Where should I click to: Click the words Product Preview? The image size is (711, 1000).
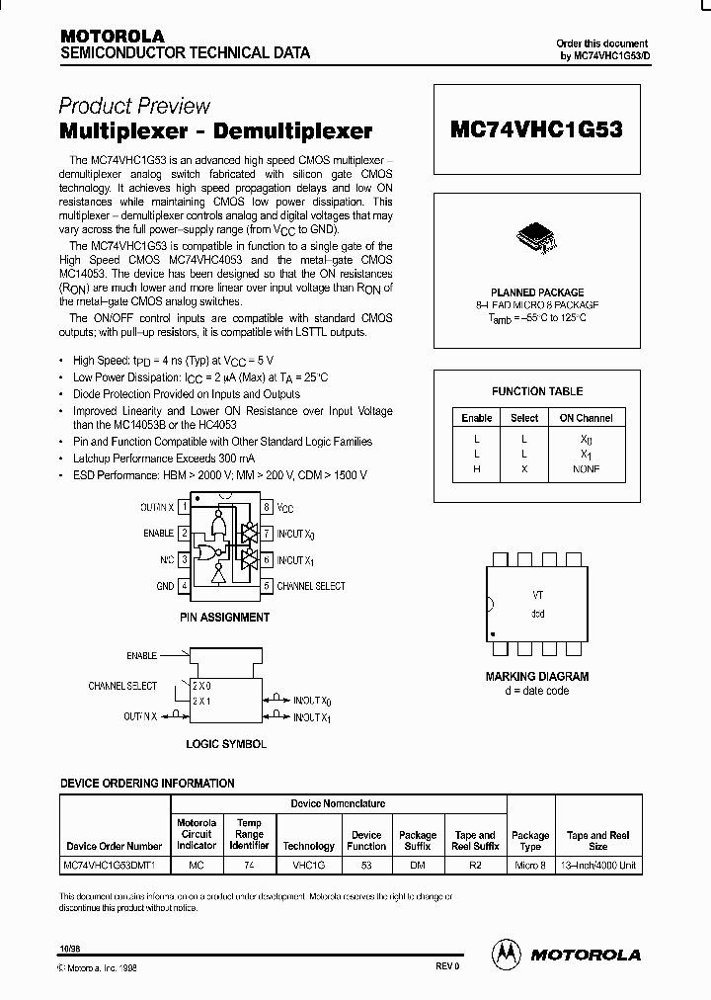pyautogui.click(x=134, y=106)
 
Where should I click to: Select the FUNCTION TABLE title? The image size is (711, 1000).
pyautogui.click(x=537, y=391)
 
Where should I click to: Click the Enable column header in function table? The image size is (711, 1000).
pyautogui.click(x=477, y=418)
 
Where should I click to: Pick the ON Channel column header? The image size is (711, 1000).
pyautogui.click(x=586, y=418)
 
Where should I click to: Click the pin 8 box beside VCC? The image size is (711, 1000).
pyautogui.click(x=267, y=507)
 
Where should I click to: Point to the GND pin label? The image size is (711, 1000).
pyautogui.click(x=165, y=586)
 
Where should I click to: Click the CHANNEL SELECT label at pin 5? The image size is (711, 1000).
pyautogui.click(x=311, y=586)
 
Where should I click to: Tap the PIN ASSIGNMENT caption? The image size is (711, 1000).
pyautogui.click(x=224, y=618)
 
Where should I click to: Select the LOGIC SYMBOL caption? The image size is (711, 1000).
pyautogui.click(x=226, y=744)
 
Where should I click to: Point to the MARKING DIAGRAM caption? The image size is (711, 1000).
pyautogui.click(x=537, y=677)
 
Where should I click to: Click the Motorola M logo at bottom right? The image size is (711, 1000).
pyautogui.click(x=505, y=954)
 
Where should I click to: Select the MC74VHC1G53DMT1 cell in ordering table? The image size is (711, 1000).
pyautogui.click(x=116, y=864)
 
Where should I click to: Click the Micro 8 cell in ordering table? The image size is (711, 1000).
pyautogui.click(x=530, y=864)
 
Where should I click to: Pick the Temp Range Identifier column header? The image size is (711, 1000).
pyautogui.click(x=249, y=834)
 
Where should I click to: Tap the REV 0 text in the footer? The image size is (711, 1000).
pyautogui.click(x=448, y=965)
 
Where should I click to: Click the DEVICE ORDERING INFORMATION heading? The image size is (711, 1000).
pyautogui.click(x=147, y=784)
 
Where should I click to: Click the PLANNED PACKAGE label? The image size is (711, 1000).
pyautogui.click(x=537, y=292)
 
